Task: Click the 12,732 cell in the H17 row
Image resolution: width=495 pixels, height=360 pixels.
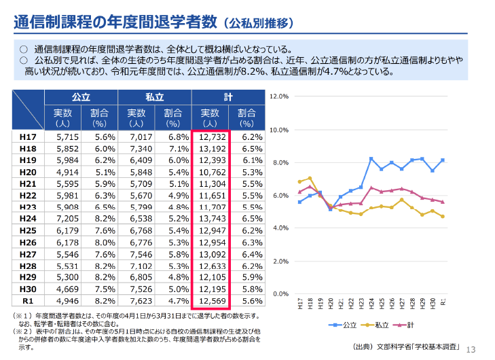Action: [x=210, y=137]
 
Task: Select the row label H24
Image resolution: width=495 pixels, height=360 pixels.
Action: [x=28, y=218]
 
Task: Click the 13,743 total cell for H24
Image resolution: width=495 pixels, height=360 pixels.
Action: [x=210, y=218]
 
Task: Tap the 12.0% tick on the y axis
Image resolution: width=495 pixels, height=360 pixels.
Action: [x=280, y=96]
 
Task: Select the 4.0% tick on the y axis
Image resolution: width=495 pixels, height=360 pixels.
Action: [x=280, y=228]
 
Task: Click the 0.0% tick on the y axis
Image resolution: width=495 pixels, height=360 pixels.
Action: [x=280, y=294]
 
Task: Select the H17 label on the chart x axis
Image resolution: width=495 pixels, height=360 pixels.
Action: [x=300, y=304]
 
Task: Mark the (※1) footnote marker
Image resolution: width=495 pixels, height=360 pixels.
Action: [x=22, y=316]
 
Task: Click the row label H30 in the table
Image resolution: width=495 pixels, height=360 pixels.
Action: [x=28, y=287]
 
